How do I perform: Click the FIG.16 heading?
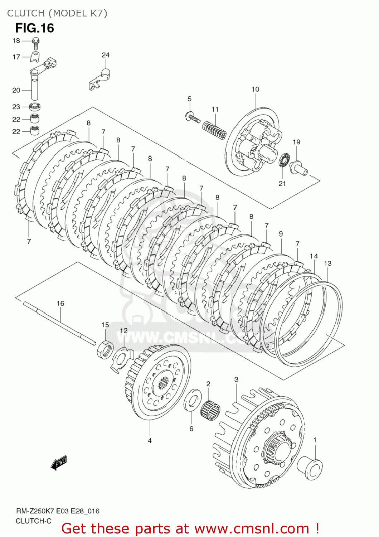pyautogui.click(x=34, y=28)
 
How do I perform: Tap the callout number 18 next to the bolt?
pyautogui.click(x=16, y=40)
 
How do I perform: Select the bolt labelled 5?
pyautogui.click(x=193, y=117)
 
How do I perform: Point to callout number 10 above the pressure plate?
pyautogui.click(x=255, y=89)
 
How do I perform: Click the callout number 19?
pyautogui.click(x=296, y=142)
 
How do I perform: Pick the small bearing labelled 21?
pyautogui.click(x=284, y=160)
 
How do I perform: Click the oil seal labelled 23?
pyautogui.click(x=35, y=106)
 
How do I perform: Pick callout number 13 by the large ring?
pyautogui.click(x=327, y=263)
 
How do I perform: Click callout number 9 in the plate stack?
pyautogui.click(x=281, y=233)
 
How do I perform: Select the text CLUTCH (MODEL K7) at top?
pyautogui.click(x=57, y=13)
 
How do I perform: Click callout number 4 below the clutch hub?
pyautogui.click(x=150, y=440)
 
